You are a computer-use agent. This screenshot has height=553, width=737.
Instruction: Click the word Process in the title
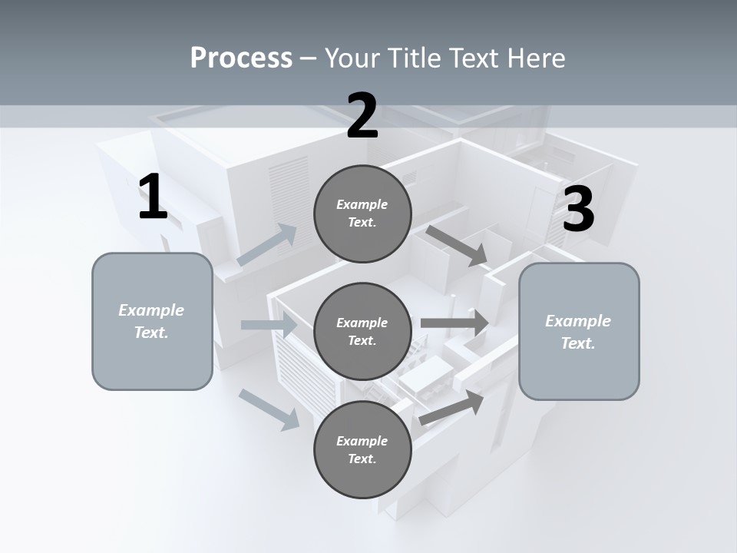(241, 58)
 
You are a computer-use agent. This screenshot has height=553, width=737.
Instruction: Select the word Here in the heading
(536, 58)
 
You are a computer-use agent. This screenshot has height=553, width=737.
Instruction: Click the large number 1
(153, 197)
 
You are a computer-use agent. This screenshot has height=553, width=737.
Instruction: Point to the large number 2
(362, 116)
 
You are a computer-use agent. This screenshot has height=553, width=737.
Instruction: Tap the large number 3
(578, 210)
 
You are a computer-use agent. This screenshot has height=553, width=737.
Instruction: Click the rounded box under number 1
(152, 321)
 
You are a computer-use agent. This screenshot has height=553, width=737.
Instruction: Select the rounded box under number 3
(579, 332)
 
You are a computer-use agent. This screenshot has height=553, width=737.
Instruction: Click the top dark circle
(362, 214)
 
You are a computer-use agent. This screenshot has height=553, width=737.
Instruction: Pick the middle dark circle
(362, 332)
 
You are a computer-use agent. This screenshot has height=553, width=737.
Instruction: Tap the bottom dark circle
(362, 450)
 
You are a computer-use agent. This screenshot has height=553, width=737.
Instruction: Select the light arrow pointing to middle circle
(269, 325)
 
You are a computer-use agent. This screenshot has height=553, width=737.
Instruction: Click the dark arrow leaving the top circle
(458, 245)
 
